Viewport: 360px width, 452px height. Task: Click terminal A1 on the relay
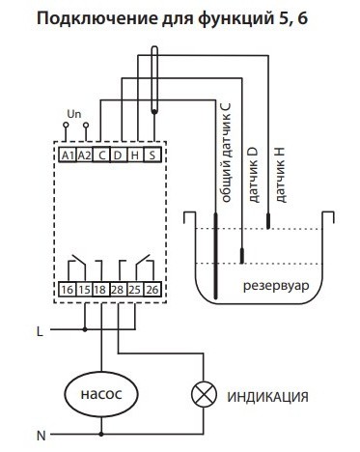(x=68, y=155)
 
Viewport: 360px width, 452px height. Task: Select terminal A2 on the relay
(x=85, y=155)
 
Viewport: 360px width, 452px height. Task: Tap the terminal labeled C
(x=102, y=155)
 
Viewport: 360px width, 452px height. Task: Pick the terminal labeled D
(x=119, y=155)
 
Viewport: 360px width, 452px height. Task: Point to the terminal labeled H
(x=136, y=155)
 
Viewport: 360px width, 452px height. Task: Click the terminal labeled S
(x=152, y=155)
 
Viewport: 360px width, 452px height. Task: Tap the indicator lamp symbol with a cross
(x=204, y=395)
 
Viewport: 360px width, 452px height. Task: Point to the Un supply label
(x=74, y=114)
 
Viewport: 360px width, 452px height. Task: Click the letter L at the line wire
(x=40, y=331)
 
